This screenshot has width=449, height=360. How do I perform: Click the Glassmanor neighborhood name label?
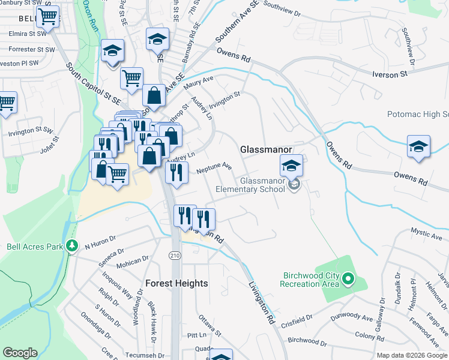point(266,149)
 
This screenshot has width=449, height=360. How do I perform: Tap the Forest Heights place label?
point(177,283)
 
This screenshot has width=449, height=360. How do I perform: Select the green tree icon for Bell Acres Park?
point(72,245)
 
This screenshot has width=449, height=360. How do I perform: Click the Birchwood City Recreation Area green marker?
point(348,279)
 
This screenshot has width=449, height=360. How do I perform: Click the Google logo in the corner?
point(20,353)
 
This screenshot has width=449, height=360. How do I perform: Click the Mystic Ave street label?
point(427,232)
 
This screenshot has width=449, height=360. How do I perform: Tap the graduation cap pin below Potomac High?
point(418,146)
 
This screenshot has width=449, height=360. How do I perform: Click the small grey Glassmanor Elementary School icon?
point(294,185)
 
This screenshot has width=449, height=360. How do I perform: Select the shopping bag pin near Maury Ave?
point(154,95)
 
